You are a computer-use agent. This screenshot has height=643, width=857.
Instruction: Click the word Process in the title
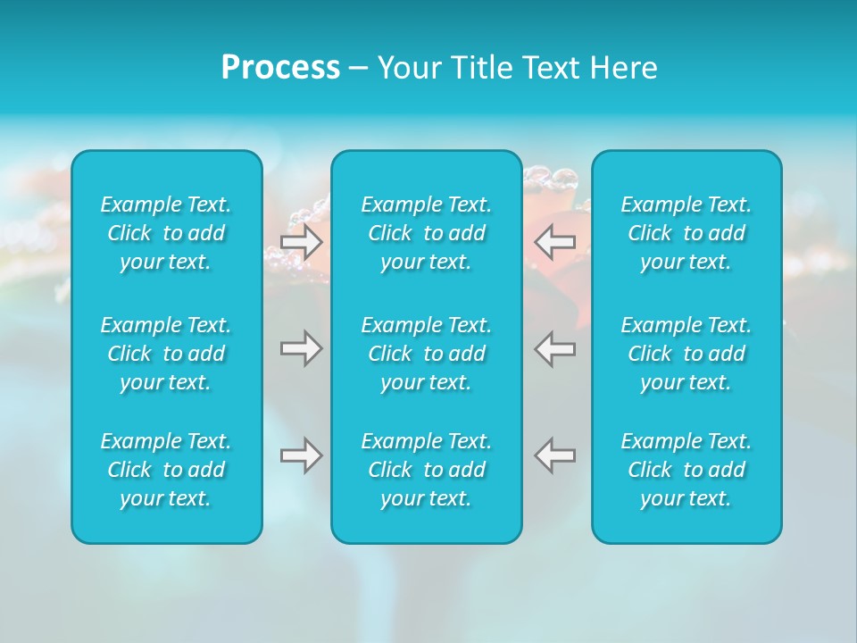[x=280, y=68]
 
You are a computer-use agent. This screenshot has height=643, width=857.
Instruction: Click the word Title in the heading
[x=478, y=68]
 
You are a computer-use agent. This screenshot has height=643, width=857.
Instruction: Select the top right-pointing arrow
[x=301, y=242]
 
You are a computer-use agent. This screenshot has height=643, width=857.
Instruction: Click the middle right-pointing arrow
[x=301, y=348]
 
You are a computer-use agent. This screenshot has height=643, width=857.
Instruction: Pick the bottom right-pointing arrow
[x=301, y=455]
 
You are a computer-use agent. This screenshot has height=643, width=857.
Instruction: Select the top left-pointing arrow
[x=555, y=242]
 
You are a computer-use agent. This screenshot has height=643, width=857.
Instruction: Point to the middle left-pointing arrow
[x=555, y=348]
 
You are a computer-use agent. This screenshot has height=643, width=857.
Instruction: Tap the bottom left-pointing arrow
[x=555, y=455]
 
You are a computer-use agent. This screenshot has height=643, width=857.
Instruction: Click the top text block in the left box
[x=166, y=233]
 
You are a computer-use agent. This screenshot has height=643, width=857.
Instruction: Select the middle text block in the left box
[x=166, y=354]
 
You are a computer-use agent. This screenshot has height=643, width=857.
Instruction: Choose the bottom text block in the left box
[x=166, y=470]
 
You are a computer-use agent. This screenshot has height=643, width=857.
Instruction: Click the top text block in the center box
[x=427, y=233]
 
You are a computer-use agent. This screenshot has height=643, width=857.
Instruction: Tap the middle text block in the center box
[x=427, y=354]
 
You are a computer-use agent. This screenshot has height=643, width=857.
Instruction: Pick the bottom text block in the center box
[x=427, y=470]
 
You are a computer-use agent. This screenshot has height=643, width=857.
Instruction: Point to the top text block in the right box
[x=686, y=233]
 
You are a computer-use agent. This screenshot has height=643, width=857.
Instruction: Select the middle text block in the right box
[x=686, y=354]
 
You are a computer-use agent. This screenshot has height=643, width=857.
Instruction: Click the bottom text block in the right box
[x=686, y=470]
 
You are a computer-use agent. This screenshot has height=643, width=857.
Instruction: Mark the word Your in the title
[x=407, y=68]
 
